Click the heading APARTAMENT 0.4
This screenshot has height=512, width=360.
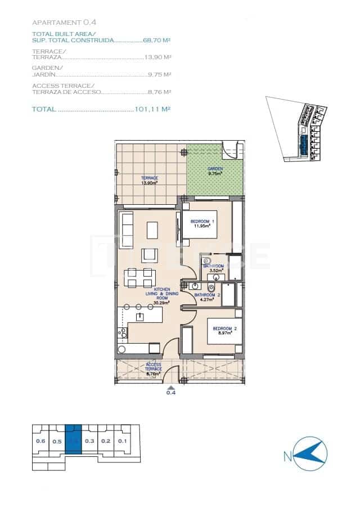coord(65,23)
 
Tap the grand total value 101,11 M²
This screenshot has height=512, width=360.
coord(153,109)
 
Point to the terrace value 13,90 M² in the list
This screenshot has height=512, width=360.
coord(158,57)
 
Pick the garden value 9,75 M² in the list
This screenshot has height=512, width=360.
coord(159,74)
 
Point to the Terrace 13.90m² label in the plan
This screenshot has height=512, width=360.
coord(149,180)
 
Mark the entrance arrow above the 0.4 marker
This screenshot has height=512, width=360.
coord(171,387)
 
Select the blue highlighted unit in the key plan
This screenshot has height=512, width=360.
coord(74,441)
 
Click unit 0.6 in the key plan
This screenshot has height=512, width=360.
coord(40,441)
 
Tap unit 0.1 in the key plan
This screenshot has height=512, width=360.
coord(122,441)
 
